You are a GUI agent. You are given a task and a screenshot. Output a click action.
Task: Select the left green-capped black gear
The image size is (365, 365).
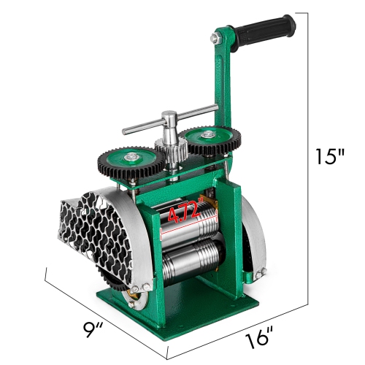point(132,164)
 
